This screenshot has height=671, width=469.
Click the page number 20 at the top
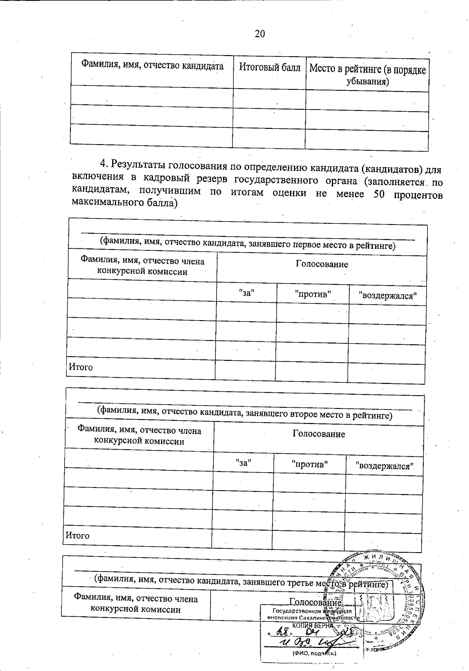click(x=260, y=34)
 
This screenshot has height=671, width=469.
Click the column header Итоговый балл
click(x=270, y=68)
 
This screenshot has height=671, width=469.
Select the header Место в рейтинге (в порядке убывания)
click(x=367, y=75)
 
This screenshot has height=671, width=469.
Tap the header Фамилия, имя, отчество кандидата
click(x=152, y=65)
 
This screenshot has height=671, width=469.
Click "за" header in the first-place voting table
click(x=247, y=293)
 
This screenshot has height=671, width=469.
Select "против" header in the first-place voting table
click(x=313, y=294)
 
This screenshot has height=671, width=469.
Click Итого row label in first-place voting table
click(x=81, y=367)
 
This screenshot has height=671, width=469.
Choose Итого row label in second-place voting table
click(x=77, y=535)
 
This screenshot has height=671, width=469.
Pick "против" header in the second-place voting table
click(x=310, y=464)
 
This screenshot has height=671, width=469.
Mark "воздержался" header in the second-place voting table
click(x=384, y=466)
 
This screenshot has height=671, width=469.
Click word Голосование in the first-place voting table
click(x=322, y=264)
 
